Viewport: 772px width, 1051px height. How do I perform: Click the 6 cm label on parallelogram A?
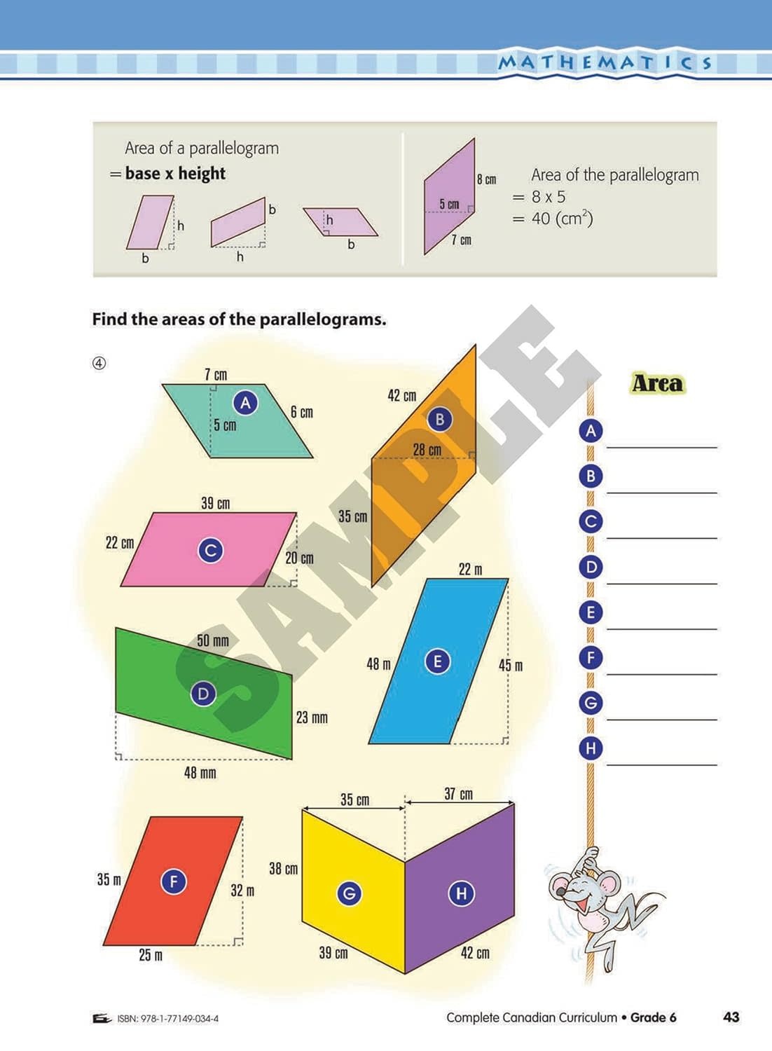coord(302,412)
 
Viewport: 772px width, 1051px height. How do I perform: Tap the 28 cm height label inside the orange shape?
coord(427,450)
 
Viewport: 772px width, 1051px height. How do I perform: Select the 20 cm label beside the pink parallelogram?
coord(299,558)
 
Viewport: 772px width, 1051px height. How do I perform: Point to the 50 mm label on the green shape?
coord(212,640)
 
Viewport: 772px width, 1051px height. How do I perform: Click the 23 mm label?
coord(312,717)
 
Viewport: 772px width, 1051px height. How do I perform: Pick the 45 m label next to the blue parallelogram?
coord(511,665)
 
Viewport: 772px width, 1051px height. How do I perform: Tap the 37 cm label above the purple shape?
coord(458,794)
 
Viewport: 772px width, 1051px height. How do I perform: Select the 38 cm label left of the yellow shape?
coord(283,869)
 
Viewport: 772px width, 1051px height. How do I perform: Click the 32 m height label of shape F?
coord(242,891)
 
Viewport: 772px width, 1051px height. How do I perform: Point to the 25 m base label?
coord(151,955)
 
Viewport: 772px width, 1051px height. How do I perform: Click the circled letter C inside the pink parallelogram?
coord(210,550)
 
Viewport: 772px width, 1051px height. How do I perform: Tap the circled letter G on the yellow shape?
coord(349,893)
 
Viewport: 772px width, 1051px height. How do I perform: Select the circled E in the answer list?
coord(591,612)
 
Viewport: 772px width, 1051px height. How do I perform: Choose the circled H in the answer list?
coord(591,748)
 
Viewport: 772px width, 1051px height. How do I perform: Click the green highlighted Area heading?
coord(657,383)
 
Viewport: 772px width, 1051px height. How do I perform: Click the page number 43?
coord(731,1017)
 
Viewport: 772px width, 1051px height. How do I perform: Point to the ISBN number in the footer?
coord(167,1019)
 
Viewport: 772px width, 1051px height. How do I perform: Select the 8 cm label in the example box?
coord(486,179)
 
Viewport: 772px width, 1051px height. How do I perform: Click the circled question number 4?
coord(99,363)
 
